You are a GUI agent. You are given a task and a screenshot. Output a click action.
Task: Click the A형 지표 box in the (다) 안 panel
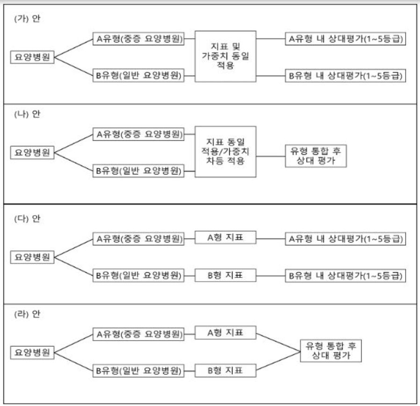(225, 238)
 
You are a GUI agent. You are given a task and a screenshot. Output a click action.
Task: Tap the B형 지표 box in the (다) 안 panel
(225, 275)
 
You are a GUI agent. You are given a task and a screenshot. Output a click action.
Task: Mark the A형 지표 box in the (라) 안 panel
(225, 333)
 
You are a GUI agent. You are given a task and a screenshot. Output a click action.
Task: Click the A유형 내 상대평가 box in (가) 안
(344, 40)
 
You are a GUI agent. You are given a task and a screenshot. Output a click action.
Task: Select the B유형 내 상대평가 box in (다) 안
(344, 275)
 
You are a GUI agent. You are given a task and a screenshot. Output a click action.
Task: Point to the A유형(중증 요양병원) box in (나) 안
(137, 135)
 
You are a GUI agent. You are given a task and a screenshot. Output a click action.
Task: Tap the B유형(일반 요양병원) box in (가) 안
(137, 75)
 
